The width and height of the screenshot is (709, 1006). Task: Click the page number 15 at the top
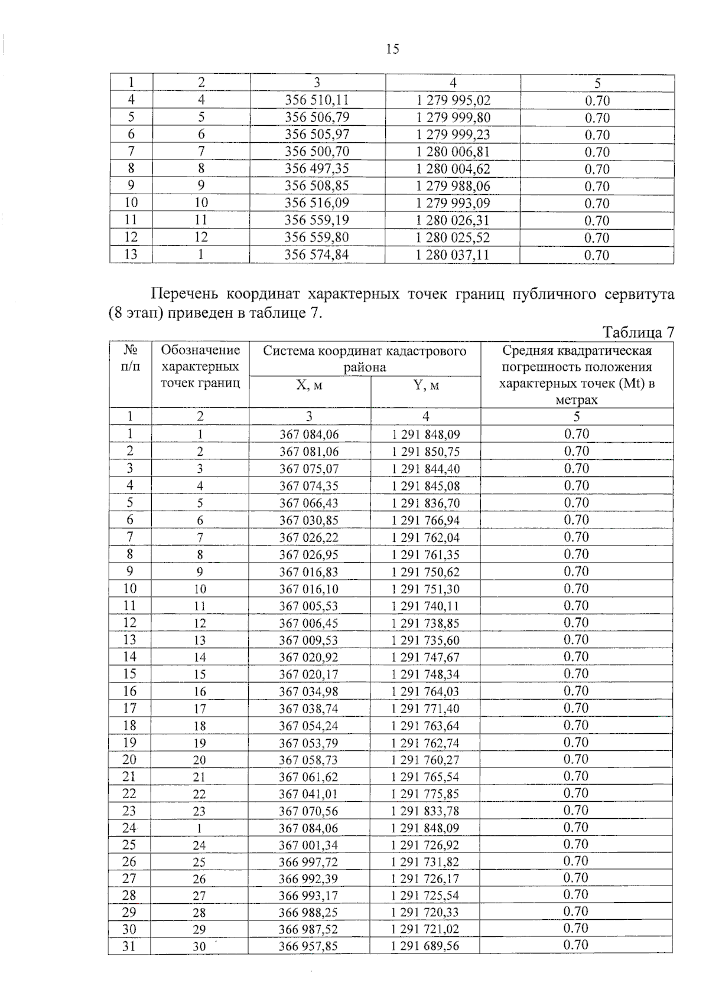tap(392, 50)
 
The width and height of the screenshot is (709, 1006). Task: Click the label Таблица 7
tap(638, 332)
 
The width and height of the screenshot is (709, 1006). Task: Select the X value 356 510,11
tap(317, 100)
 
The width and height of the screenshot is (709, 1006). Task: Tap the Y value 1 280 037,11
tap(453, 255)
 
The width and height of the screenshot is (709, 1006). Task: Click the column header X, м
tap(309, 386)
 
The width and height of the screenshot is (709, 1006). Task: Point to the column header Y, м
tap(425, 386)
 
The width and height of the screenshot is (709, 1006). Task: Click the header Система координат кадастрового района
tap(365, 359)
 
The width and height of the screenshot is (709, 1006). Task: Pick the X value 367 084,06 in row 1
tap(309, 435)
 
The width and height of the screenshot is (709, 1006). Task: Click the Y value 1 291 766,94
tap(425, 521)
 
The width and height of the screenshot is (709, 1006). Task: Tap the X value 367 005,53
tap(309, 606)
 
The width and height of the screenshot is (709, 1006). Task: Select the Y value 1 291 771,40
tap(425, 709)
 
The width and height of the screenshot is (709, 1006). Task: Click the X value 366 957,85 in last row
tap(308, 946)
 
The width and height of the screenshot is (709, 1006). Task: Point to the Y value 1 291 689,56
tap(425, 946)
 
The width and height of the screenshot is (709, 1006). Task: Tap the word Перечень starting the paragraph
tap(184, 294)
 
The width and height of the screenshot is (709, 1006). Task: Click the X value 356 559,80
tap(317, 238)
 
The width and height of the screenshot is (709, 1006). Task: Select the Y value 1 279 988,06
tap(453, 187)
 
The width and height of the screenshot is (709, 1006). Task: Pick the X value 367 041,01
tap(308, 794)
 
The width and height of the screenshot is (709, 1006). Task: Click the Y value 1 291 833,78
tap(425, 811)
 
